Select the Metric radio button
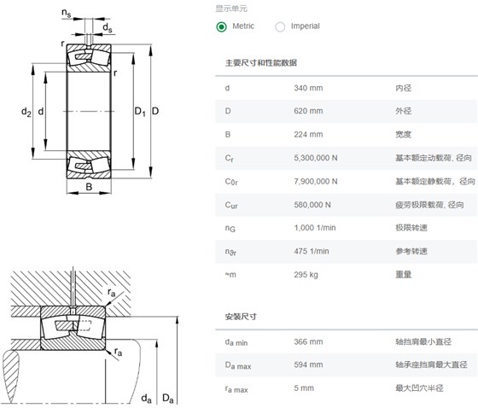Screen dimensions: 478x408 pyautogui.click(x=221, y=26)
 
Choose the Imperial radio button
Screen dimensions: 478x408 pyautogui.click(x=280, y=26)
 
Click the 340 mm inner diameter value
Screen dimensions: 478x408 pyautogui.click(x=308, y=88)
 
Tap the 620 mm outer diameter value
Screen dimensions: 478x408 pyautogui.click(x=308, y=111)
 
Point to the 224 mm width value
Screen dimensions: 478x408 pyautogui.click(x=308, y=135)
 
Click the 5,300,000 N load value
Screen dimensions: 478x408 pyautogui.click(x=316, y=158)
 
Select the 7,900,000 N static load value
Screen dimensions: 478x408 pyautogui.click(x=316, y=182)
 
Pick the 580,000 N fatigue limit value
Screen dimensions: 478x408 pyautogui.click(x=312, y=205)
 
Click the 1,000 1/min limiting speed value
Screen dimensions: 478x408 pyautogui.click(x=315, y=228)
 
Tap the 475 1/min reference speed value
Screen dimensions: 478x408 pyautogui.click(x=312, y=251)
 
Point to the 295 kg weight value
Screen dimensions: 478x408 pyautogui.click(x=306, y=275)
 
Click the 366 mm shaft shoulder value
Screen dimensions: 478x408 pyautogui.click(x=308, y=341)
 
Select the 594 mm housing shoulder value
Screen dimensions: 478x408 pyautogui.click(x=308, y=364)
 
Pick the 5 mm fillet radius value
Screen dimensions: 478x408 pyautogui.click(x=304, y=388)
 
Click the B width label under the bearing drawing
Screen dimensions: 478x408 pyautogui.click(x=89, y=187)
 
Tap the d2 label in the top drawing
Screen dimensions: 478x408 pyautogui.click(x=26, y=112)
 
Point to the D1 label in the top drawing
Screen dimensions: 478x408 pyautogui.click(x=140, y=112)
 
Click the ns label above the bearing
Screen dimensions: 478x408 pyautogui.click(x=67, y=13)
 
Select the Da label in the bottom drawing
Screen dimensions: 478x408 pyautogui.click(x=167, y=399)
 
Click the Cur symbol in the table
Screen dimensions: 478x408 pyautogui.click(x=231, y=205)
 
